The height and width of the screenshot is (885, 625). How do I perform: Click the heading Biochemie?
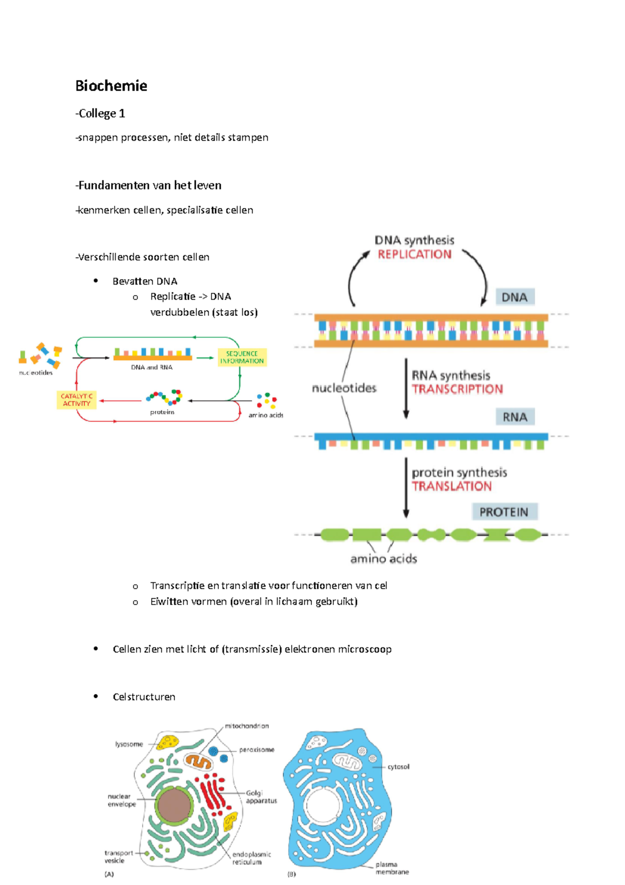(111, 86)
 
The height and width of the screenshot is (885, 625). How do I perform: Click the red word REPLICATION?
(415, 254)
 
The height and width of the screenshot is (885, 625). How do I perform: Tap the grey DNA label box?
(515, 297)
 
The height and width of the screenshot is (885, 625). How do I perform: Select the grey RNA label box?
(515, 417)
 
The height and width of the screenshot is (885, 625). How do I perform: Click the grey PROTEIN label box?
(504, 512)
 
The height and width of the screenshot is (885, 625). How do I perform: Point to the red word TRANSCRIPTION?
(457, 389)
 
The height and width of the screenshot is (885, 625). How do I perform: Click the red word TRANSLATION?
(452, 486)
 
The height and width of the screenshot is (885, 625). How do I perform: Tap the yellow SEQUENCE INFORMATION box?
(242, 357)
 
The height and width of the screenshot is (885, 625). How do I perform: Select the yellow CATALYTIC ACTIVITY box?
(77, 400)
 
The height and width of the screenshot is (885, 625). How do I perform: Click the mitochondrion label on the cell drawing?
(247, 726)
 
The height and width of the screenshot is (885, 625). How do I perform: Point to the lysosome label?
(129, 744)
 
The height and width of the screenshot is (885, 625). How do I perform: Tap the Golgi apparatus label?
(261, 797)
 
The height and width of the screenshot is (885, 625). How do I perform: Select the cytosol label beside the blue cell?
(398, 767)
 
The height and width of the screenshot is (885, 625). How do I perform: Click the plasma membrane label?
(392, 868)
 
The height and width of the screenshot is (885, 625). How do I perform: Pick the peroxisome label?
(256, 749)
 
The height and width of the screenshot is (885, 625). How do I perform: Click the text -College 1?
(101, 114)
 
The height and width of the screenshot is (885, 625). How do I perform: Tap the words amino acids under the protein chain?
(383, 559)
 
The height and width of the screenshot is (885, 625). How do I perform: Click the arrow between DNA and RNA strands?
(406, 388)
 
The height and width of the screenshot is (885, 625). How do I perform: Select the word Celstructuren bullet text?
(144, 697)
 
